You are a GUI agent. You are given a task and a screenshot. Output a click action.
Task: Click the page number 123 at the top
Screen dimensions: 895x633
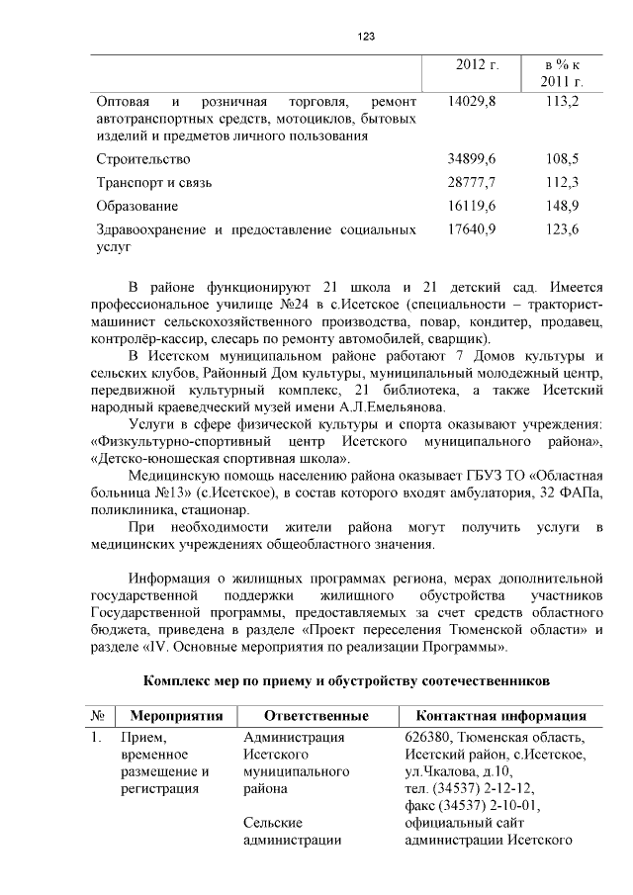[x=365, y=37]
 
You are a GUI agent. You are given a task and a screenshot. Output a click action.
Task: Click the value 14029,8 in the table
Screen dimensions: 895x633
[x=472, y=101]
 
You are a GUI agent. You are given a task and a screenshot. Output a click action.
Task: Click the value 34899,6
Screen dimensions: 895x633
[x=472, y=158]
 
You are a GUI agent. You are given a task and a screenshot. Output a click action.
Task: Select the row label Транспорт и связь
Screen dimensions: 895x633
[x=153, y=182]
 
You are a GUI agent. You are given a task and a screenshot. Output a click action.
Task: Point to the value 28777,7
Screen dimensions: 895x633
[x=472, y=182]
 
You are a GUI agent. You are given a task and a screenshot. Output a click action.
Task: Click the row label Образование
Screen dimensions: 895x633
[x=137, y=206]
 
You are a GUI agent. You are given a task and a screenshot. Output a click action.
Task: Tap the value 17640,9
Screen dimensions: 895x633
[x=472, y=229]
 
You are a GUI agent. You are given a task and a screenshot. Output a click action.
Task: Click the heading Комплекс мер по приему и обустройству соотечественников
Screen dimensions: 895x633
[x=345, y=681]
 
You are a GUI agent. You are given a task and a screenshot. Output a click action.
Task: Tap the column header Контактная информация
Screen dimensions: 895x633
[x=499, y=715]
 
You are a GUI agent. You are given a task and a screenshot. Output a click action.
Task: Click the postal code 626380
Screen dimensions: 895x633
[x=429, y=737]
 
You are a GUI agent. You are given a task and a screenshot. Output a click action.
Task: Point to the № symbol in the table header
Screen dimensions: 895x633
[x=98, y=715]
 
